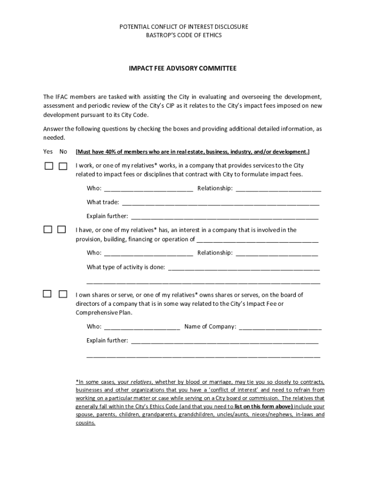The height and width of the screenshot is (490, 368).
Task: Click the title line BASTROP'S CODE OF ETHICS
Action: pos(184,35)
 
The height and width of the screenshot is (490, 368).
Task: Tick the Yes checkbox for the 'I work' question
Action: pos(49,166)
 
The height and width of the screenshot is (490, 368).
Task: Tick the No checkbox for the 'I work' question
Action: pos(63,166)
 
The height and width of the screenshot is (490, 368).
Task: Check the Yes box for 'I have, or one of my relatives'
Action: pos(48,230)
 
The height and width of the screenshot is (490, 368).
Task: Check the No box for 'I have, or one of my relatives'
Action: pos(62,230)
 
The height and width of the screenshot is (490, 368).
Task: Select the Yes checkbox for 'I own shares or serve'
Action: pos(48,294)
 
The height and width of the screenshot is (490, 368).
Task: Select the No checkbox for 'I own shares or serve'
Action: pos(63,294)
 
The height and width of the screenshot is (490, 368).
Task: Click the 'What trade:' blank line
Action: pos(220,203)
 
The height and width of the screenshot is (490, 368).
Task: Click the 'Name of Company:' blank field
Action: pos(280,327)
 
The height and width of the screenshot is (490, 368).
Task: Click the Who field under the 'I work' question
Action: pos(148,189)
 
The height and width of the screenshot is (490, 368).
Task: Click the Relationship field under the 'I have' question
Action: pos(277,253)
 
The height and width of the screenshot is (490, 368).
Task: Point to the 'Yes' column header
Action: pos(48,152)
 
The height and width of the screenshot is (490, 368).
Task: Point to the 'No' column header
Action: pos(63,152)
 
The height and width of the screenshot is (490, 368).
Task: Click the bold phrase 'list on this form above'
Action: pos(263,406)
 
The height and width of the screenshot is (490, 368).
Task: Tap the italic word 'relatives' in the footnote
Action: pos(141,382)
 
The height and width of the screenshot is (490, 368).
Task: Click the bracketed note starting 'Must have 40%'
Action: pos(193,152)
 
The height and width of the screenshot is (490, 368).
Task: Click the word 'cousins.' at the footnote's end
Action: pos(86,423)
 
